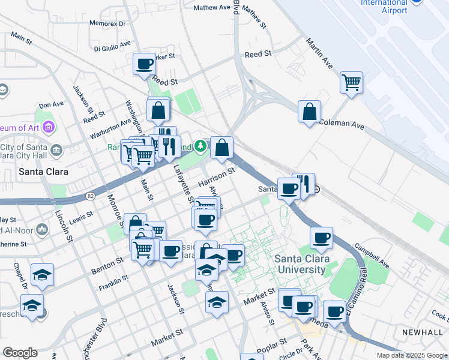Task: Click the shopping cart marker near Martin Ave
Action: (x=351, y=82)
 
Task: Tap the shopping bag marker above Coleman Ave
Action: (x=309, y=112)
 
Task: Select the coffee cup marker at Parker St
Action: (x=145, y=64)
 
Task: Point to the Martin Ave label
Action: (x=319, y=53)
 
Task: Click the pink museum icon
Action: (x=49, y=127)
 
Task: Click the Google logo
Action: (x=20, y=353)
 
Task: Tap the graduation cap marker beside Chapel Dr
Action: (x=42, y=274)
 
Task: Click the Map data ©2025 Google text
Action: (x=412, y=355)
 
